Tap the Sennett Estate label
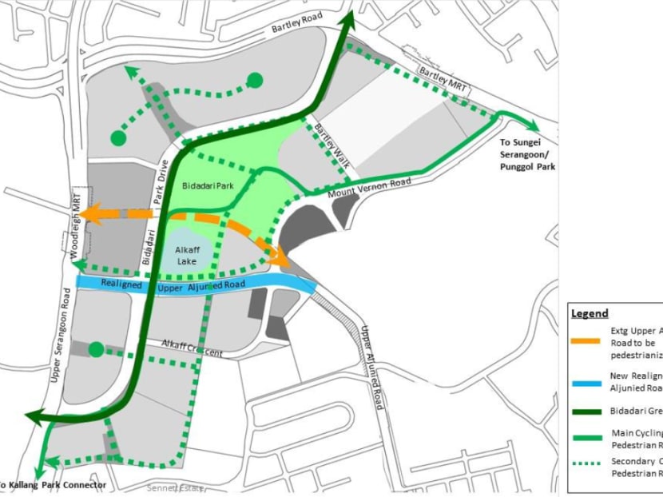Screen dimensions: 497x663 click(173, 487)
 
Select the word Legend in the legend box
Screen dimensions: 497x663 click(590, 313)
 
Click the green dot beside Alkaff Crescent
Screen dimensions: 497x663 click(96, 349)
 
